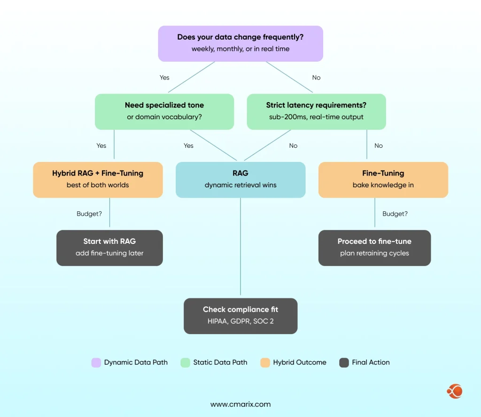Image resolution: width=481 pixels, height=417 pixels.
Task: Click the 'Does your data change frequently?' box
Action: click(240, 43)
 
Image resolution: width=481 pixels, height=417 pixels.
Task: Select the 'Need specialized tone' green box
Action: click(164, 111)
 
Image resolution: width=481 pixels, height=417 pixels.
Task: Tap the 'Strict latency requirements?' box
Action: click(316, 111)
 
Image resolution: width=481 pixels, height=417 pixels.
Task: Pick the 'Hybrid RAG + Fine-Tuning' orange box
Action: click(98, 179)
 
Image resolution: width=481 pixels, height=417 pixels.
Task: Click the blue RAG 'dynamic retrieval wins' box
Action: click(240, 179)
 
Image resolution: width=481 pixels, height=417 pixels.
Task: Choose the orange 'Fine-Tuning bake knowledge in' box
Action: click(383, 179)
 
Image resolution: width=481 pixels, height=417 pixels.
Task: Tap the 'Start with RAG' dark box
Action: click(109, 248)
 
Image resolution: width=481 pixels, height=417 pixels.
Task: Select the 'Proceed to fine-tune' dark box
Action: click(374, 248)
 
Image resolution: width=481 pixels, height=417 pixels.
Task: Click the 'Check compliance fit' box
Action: click(240, 316)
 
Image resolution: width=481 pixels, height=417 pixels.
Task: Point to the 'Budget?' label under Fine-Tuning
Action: click(395, 214)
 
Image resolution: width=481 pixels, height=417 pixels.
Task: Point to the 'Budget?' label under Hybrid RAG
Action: click(89, 214)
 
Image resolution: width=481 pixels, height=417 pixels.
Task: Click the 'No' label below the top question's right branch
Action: click(316, 78)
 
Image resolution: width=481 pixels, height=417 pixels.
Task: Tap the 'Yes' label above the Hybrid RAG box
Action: click(101, 146)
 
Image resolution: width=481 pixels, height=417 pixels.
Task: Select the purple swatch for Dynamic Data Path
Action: click(96, 362)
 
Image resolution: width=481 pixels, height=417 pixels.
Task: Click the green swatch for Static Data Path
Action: click(186, 362)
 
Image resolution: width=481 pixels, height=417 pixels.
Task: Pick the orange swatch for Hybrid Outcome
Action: click(265, 362)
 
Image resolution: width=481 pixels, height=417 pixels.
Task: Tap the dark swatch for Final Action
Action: click(344, 362)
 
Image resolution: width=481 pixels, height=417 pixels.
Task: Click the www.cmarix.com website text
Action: click(240, 404)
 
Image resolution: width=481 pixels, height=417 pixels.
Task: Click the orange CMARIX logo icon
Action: click(455, 391)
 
